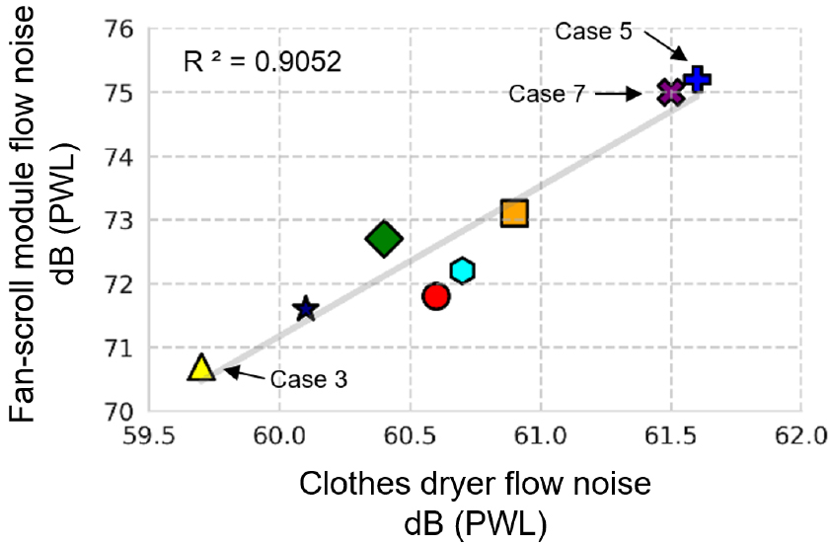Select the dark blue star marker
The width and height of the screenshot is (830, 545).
[x=305, y=309]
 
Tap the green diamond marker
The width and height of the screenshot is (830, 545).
[x=384, y=239]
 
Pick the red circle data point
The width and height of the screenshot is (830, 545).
[x=435, y=295]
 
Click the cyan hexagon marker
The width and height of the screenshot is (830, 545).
[x=462, y=271]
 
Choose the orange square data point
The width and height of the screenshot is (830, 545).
[x=514, y=213]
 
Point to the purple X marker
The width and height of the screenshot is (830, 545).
[x=671, y=92]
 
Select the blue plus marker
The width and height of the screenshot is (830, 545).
[x=697, y=78]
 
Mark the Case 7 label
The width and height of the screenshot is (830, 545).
[x=548, y=94]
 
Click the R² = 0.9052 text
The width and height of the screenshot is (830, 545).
[x=263, y=62]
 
